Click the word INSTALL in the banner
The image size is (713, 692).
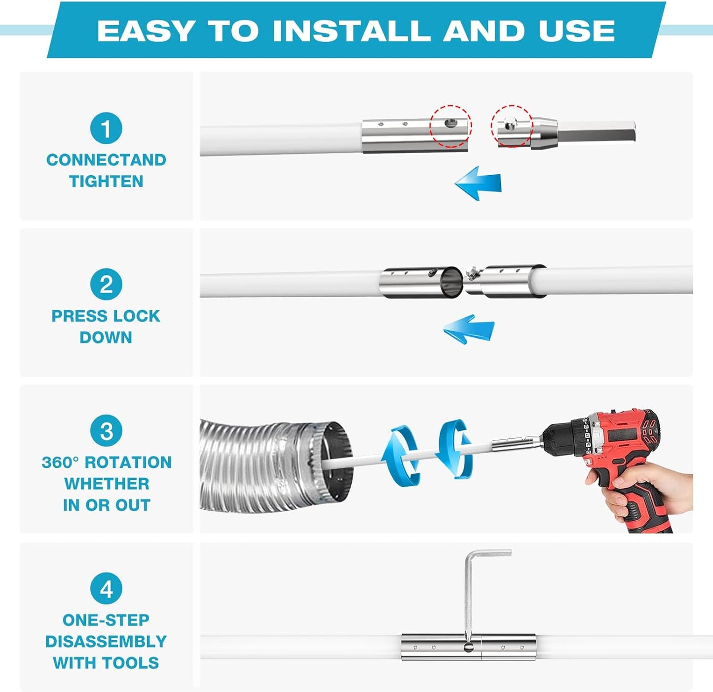coord(351,31)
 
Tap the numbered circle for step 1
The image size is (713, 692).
coord(106,128)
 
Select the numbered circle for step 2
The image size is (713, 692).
coord(106,284)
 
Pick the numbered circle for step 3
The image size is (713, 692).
coord(106,431)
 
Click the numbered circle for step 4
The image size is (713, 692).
coord(106,588)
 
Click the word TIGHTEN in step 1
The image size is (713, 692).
coord(106,181)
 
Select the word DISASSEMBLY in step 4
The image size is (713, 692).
coord(106,641)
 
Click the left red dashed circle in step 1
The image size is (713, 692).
coord(450,126)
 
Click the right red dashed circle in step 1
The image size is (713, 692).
coord(512,126)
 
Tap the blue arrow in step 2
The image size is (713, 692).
coord(468,329)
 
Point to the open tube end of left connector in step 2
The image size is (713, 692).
coord(450,283)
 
